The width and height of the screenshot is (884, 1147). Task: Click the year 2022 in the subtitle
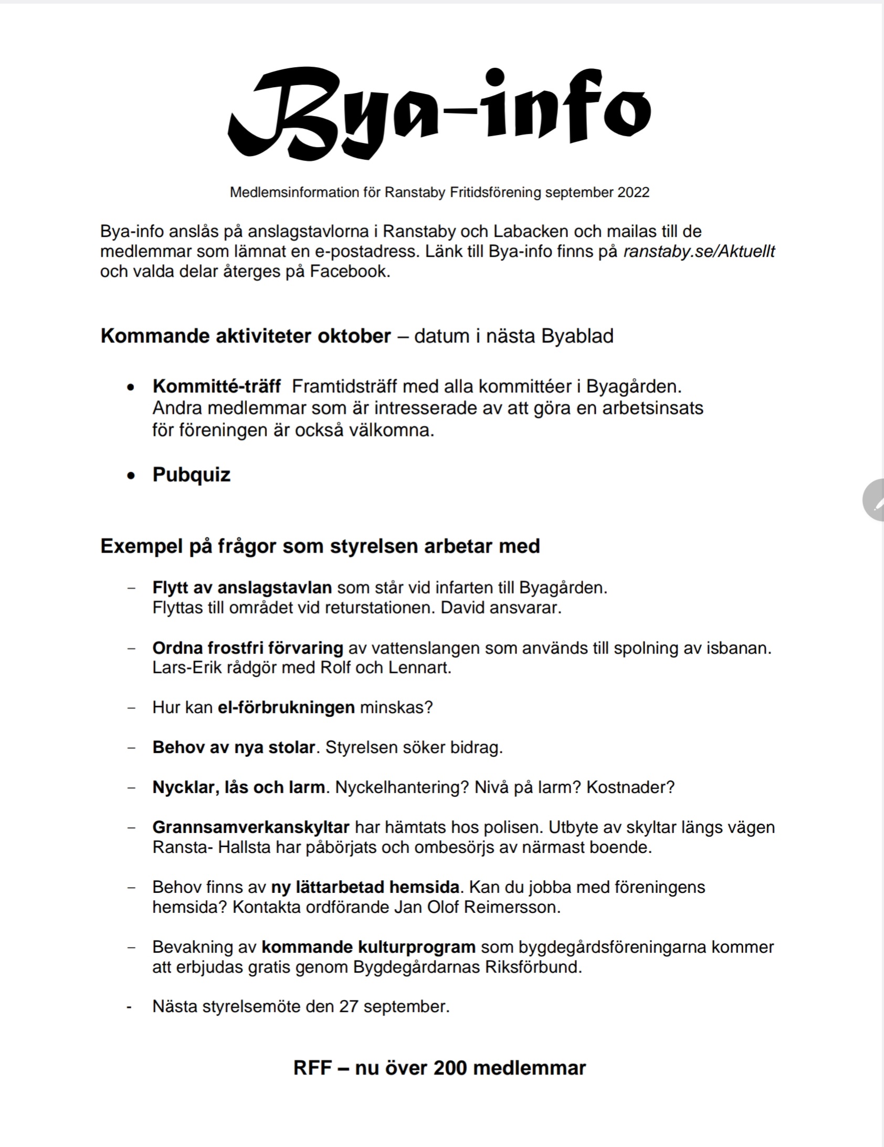click(x=633, y=193)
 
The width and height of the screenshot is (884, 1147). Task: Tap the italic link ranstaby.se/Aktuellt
click(x=699, y=252)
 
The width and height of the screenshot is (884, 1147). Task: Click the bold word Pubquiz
click(x=192, y=475)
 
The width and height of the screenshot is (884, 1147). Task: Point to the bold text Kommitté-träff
click(x=217, y=387)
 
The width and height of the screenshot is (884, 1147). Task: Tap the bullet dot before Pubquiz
click(x=131, y=476)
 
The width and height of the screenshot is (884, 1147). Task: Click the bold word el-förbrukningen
click(x=287, y=707)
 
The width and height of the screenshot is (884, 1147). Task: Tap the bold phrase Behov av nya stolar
click(x=234, y=747)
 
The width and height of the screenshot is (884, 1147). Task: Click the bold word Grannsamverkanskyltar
click(x=251, y=827)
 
